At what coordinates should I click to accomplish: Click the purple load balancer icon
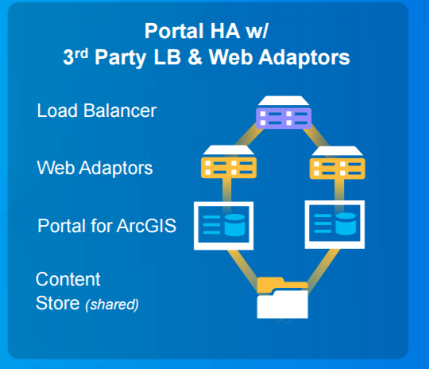[284, 112]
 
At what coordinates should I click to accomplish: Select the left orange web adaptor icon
[229, 162]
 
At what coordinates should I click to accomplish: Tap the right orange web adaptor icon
[337, 163]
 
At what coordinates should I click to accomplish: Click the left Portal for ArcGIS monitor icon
[223, 226]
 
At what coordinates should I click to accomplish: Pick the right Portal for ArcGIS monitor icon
[334, 224]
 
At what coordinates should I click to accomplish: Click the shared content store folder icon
[282, 297]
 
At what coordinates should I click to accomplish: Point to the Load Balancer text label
[97, 111]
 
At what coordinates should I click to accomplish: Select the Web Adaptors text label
[95, 168]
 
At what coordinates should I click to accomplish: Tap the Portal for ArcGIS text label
[106, 226]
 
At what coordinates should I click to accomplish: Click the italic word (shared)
[112, 305]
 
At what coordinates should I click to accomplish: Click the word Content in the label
[68, 279]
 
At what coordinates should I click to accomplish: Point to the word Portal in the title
[174, 31]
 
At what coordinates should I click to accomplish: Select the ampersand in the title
[195, 57]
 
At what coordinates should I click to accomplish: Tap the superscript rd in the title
[82, 53]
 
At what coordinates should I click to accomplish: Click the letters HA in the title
[225, 31]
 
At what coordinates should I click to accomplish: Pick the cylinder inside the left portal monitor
[234, 225]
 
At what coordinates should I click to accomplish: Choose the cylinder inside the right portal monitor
[346, 223]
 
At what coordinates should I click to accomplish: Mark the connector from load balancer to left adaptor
[248, 138]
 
